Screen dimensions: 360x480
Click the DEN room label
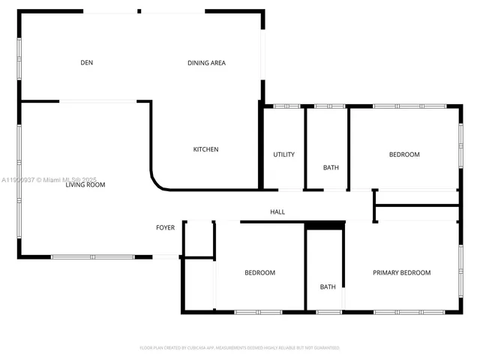[x=86, y=63]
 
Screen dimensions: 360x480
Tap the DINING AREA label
[x=206, y=63]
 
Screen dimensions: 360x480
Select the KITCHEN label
[x=206, y=149]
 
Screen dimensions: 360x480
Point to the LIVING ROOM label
[x=85, y=184]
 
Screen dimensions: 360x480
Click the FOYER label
[x=165, y=227]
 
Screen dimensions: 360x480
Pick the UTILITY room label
[x=283, y=154]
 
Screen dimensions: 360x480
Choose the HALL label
[x=277, y=212]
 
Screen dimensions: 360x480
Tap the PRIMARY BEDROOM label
[x=402, y=272]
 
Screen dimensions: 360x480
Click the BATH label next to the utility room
[x=331, y=168]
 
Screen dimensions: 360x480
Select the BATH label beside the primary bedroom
[x=328, y=286]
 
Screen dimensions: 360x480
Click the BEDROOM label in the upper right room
[x=404, y=154]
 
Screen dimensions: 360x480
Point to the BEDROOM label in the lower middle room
[x=259, y=272]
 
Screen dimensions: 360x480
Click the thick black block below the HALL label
[x=325, y=224]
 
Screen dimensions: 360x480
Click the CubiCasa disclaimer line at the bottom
[x=240, y=348]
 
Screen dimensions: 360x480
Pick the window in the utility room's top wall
[x=286, y=106]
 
